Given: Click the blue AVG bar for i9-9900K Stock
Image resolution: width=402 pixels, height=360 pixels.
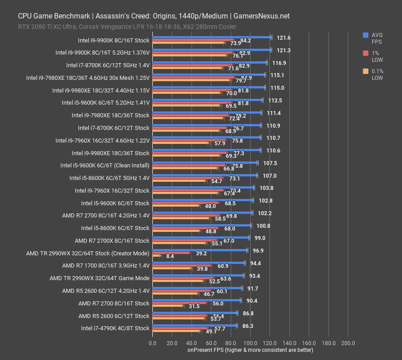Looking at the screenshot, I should pos(212,37).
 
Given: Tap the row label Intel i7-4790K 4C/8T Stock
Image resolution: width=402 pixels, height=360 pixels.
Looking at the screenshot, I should pos(115,328).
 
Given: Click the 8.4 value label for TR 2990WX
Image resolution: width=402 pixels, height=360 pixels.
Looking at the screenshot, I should pos(170,256).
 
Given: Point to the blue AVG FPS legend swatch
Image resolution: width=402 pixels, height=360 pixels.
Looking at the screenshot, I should pos(365,35).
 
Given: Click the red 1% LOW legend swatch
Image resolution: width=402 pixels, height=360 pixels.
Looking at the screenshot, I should pos(365,53).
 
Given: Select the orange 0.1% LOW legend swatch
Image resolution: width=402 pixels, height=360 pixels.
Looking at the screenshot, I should pos(365,71).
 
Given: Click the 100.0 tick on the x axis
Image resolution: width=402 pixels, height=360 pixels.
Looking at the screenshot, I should pos(250,343).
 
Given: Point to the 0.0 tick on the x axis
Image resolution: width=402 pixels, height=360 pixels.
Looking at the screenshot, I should pos(153,343).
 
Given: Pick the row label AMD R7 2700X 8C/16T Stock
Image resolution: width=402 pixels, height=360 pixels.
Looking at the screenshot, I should pos(112,241).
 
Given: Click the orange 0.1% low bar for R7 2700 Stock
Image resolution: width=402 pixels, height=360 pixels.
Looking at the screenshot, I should pos(168,306).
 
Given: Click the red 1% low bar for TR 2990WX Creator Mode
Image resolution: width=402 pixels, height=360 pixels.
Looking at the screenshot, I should pos(171,253).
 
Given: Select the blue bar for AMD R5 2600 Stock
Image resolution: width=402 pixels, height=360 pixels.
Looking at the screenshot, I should pos(195,313).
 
